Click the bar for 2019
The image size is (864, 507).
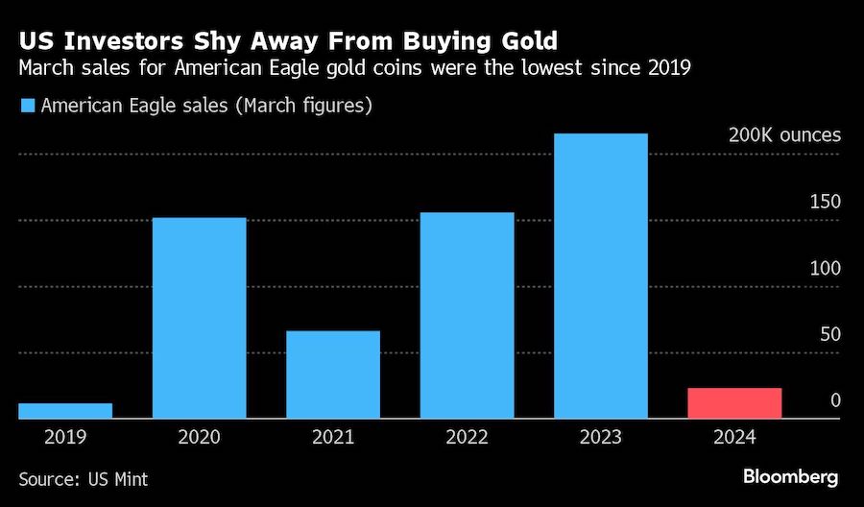tap(65, 411)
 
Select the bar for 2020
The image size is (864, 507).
tap(200, 318)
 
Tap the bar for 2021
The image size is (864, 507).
tap(333, 374)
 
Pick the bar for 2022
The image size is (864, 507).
tap(468, 315)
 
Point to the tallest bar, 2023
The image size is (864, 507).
tap(601, 276)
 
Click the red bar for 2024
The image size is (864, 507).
tap(734, 403)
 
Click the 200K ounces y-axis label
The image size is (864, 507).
tap(784, 134)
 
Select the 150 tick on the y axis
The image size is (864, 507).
tap(826, 202)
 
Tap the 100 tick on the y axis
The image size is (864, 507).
tap(826, 268)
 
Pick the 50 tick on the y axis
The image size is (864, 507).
tap(830, 334)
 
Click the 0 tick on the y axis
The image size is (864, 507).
tap(835, 400)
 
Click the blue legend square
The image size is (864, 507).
tap(26, 106)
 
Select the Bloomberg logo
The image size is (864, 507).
tap(790, 476)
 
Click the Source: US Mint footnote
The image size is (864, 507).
tap(84, 478)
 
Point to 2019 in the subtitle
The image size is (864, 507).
tap(671, 69)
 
